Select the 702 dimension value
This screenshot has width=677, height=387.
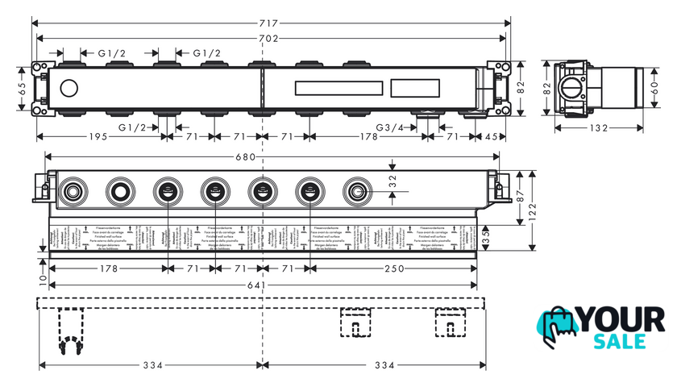[268, 39]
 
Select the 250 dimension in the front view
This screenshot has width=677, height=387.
[395, 268]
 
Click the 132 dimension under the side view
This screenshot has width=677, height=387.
[597, 127]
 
